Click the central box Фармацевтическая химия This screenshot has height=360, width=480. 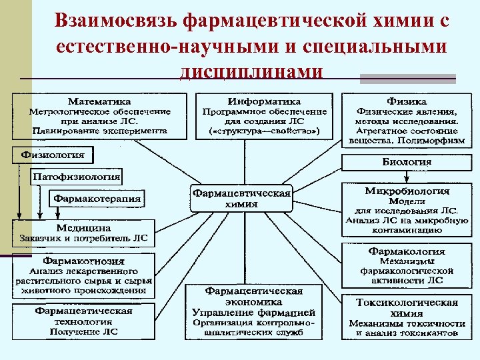click(241, 199)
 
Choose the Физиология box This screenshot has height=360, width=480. click(53, 155)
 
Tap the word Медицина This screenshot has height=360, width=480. click(84, 227)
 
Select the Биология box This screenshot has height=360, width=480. click(407, 162)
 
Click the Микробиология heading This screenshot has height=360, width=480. click(407, 191)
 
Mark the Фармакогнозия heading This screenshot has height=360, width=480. click(84, 261)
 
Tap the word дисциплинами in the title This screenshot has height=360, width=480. click(251, 72)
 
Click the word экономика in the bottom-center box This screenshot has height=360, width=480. click(254, 301)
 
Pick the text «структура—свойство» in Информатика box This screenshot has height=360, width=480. click(265, 132)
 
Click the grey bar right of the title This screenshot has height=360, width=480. click(407, 79)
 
